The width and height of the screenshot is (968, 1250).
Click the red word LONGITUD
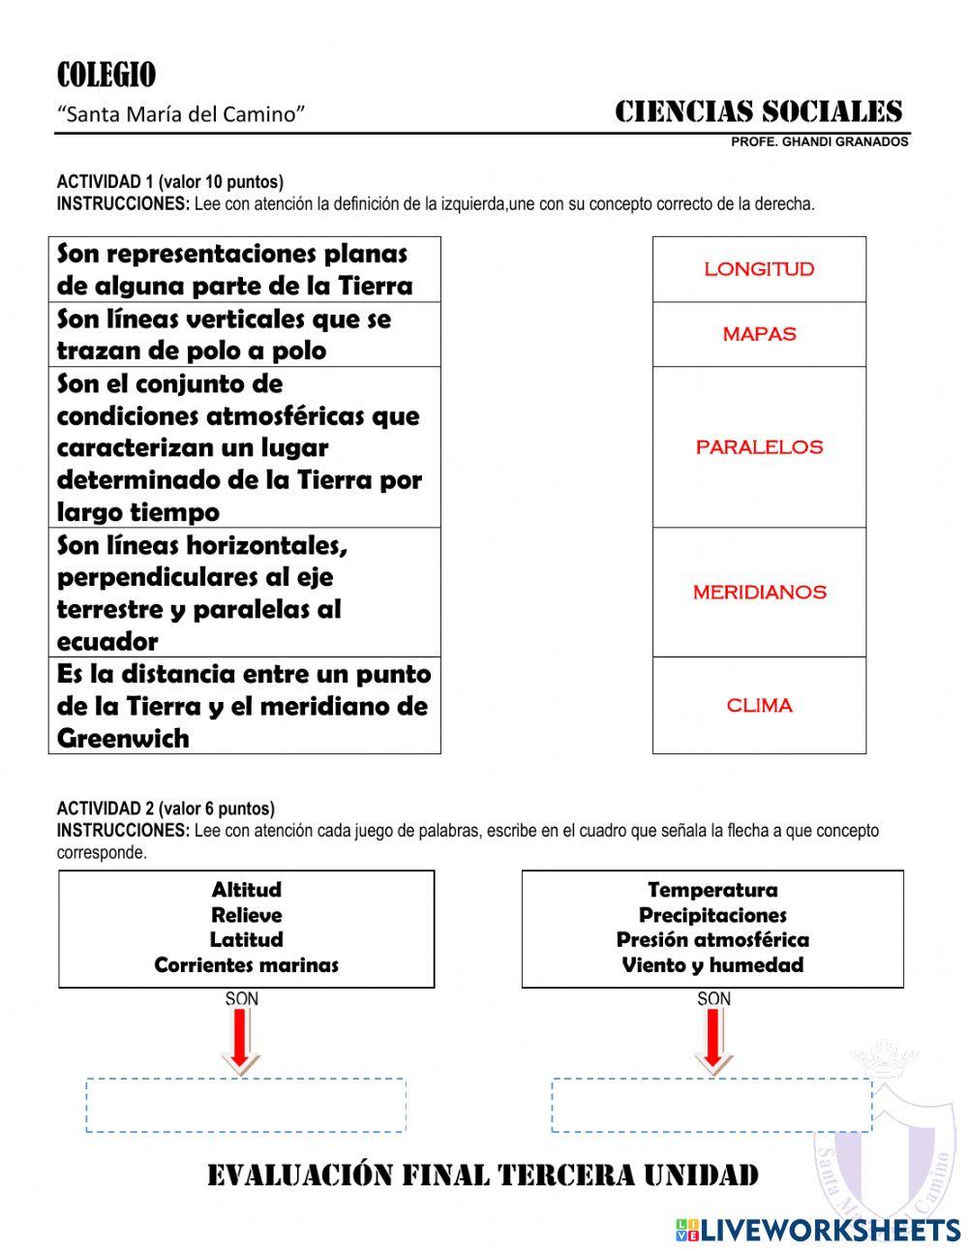coord(759,269)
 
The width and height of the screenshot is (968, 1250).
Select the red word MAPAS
coord(759,334)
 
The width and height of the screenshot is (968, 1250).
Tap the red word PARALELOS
coord(759,447)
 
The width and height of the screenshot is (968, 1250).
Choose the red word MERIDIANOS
coord(759,593)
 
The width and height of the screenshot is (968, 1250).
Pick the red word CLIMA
coord(759,706)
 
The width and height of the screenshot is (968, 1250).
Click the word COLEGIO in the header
coord(106,76)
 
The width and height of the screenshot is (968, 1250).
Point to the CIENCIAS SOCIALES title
coord(758,112)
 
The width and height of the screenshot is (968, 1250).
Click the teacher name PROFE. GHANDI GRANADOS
coord(819,141)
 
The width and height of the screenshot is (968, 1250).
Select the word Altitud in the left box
coord(246,890)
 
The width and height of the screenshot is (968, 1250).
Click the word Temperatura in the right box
coord(712,890)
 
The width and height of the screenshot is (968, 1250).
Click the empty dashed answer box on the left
coord(246,1105)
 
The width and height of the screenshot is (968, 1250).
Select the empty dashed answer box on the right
coord(711,1105)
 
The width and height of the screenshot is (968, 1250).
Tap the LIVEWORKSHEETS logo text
coord(831,1230)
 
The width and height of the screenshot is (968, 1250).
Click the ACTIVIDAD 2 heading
coord(166,808)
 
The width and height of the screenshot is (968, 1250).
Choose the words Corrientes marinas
coord(246,965)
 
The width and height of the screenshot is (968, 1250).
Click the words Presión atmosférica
coord(712,940)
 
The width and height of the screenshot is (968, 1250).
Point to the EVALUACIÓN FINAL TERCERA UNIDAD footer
coord(483,1175)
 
